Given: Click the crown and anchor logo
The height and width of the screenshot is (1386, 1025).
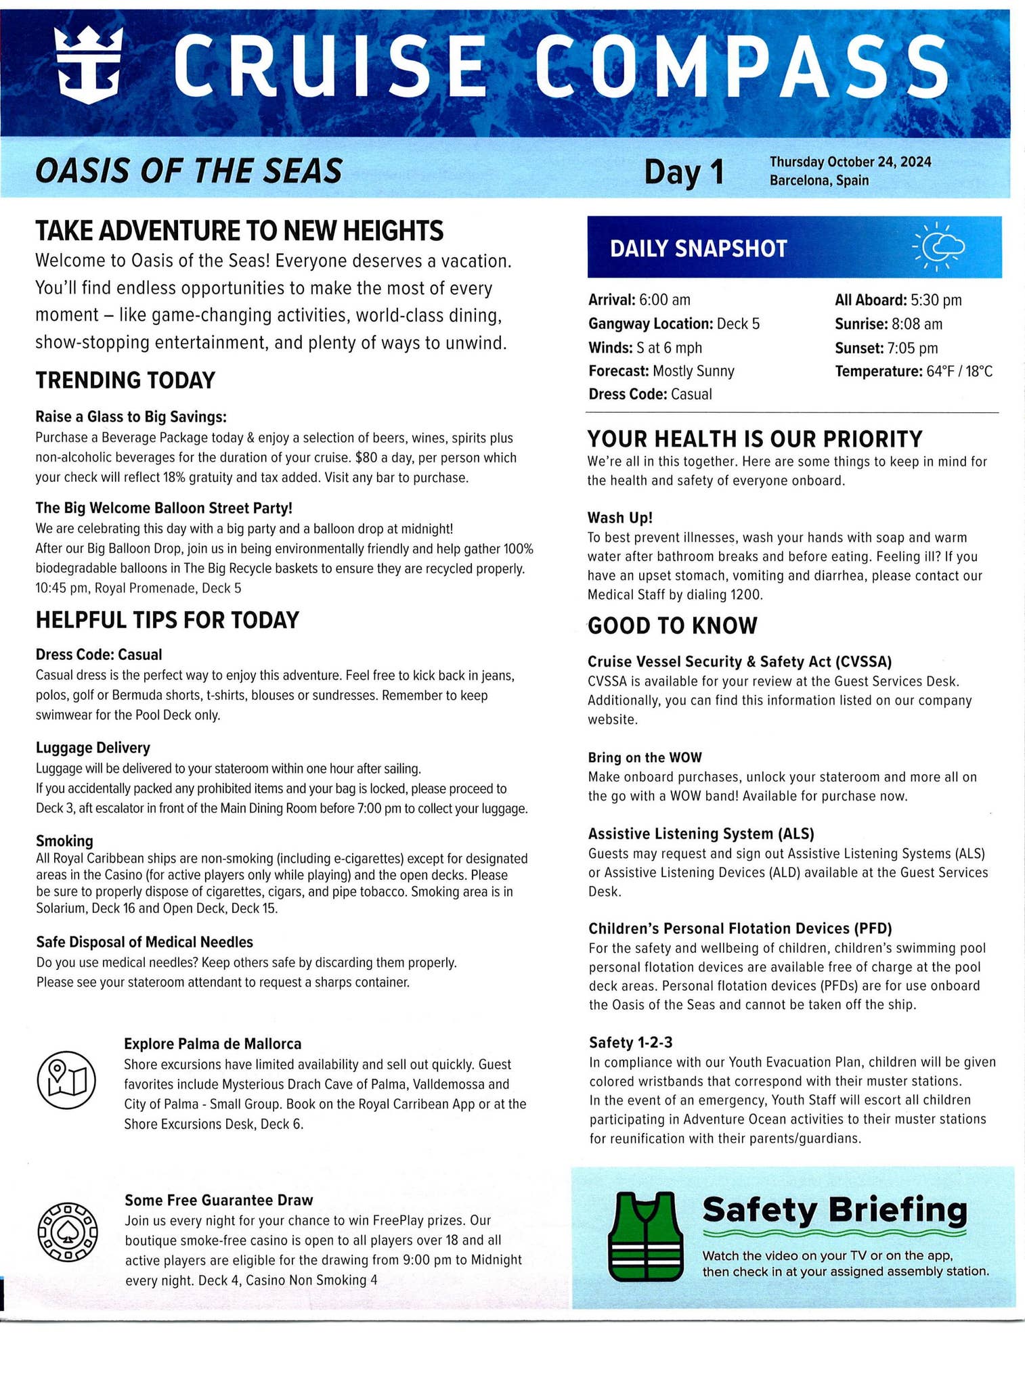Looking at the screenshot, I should [89, 66].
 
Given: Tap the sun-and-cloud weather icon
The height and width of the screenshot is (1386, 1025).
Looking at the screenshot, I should [938, 247].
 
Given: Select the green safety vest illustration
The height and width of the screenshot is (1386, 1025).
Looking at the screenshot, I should [644, 1236].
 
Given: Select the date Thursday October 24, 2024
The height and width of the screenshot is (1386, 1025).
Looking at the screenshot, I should [850, 162].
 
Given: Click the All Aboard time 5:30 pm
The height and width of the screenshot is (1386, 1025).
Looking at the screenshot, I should [936, 300].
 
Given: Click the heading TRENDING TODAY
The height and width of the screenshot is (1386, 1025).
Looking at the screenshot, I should [125, 380].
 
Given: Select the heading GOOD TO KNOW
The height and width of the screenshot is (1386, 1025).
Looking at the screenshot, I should [672, 625].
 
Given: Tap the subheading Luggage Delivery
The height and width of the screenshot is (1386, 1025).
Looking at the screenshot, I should [93, 748].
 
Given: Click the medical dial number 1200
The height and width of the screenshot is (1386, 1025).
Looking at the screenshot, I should [746, 595].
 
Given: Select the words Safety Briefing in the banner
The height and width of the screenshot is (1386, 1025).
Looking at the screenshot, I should [835, 1210].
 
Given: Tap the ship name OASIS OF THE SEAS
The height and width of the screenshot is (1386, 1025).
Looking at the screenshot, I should [188, 171].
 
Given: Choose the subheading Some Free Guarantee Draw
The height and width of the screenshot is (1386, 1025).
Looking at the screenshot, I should [219, 1200].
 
